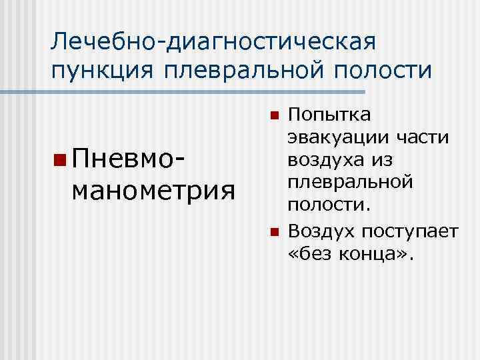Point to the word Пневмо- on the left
point(127,160)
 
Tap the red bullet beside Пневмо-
point(61,161)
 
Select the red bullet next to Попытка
point(273,115)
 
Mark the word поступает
point(410,232)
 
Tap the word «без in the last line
point(315,253)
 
